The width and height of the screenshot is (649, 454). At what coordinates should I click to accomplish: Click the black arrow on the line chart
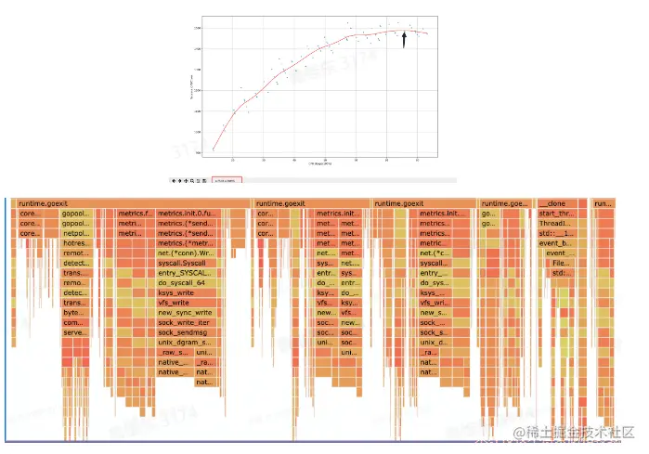(405, 37)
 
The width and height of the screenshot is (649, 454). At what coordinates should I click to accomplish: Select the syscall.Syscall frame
(185, 264)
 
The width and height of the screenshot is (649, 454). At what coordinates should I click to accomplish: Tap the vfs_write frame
(185, 302)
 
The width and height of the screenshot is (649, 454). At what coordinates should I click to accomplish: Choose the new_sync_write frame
(185, 313)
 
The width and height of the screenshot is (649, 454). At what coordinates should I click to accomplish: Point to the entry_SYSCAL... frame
(185, 273)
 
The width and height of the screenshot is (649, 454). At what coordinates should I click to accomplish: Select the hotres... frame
(74, 243)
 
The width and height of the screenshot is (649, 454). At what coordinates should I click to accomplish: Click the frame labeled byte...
(74, 313)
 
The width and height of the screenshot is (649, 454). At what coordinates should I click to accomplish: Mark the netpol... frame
(74, 233)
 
